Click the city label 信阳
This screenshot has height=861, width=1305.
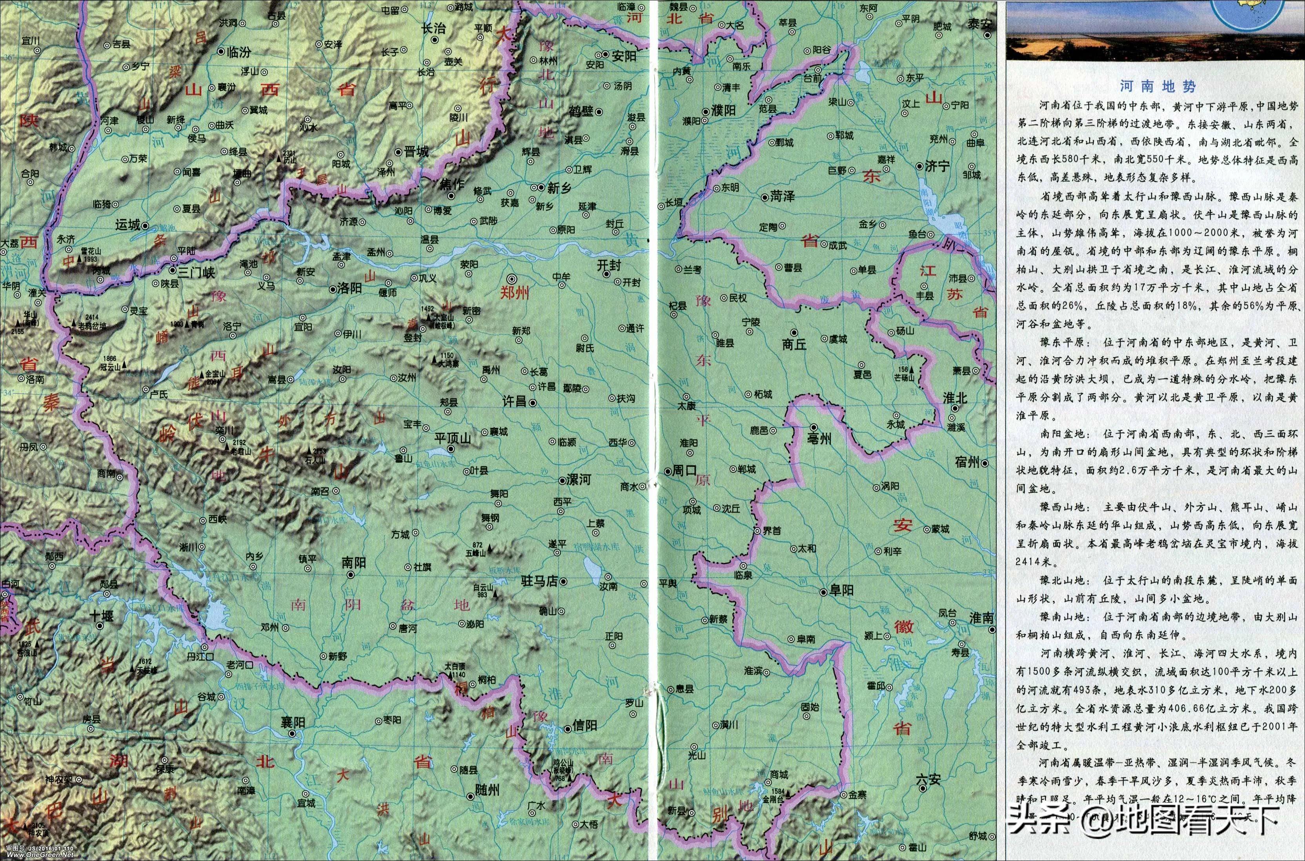coord(584,725)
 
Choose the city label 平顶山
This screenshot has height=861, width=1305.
coord(453,438)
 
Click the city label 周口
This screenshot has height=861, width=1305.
coord(684,470)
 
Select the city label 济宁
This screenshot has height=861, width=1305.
coord(937,166)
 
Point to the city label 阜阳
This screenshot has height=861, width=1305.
coord(841,590)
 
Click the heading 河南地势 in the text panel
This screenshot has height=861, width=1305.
coord(1157,86)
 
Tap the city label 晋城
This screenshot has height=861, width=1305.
coord(416,152)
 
